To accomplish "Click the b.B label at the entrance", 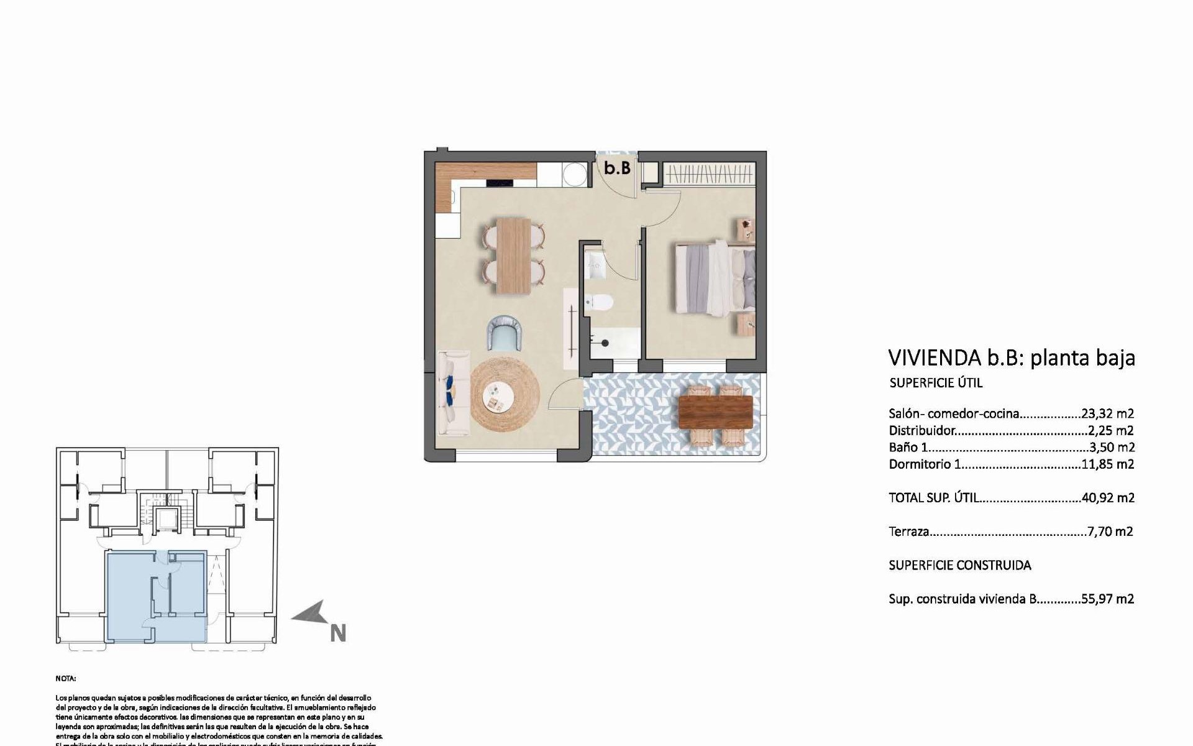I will tap(617, 168).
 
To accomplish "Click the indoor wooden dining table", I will tap(514, 255).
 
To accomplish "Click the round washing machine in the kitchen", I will tap(574, 173).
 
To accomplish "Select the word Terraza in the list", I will tap(909, 532).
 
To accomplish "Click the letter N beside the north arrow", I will tap(337, 633).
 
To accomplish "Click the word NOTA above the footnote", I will tap(65, 679).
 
